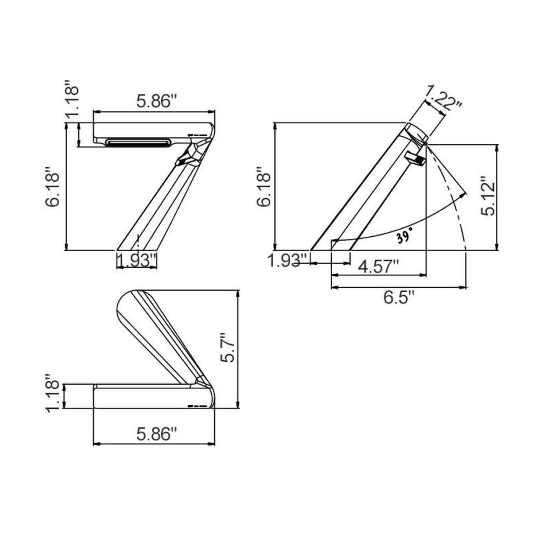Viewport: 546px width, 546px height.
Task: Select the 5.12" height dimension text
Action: (488, 196)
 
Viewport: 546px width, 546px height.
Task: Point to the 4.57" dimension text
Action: (379, 267)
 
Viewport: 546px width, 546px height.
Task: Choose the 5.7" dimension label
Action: (228, 348)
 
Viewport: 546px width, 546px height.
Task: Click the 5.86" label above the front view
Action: (157, 101)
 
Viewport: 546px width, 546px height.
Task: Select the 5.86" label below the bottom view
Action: (157, 434)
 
